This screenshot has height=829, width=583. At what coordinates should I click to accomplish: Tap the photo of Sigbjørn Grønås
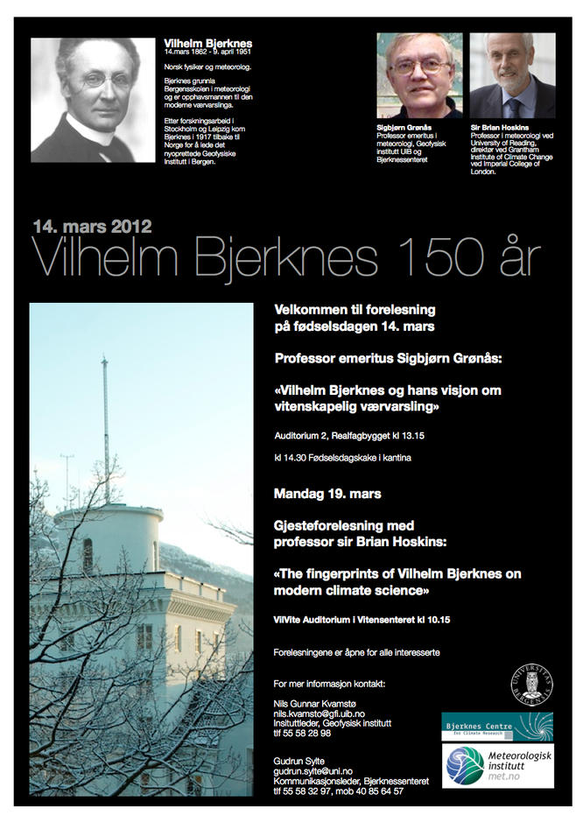[419, 76]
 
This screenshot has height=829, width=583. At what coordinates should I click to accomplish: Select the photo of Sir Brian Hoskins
[512, 76]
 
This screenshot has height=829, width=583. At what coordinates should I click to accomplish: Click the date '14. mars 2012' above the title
[93, 227]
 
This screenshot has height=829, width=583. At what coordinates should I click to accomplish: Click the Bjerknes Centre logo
[496, 727]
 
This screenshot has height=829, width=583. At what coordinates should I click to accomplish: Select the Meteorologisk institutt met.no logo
[496, 766]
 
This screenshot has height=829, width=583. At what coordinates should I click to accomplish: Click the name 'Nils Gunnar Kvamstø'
[317, 705]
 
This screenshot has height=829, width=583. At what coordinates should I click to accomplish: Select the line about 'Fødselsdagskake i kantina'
[342, 458]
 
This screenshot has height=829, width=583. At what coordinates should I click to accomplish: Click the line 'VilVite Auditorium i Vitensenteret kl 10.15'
[361, 620]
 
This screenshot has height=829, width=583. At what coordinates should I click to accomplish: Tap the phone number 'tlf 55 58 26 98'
[302, 734]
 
